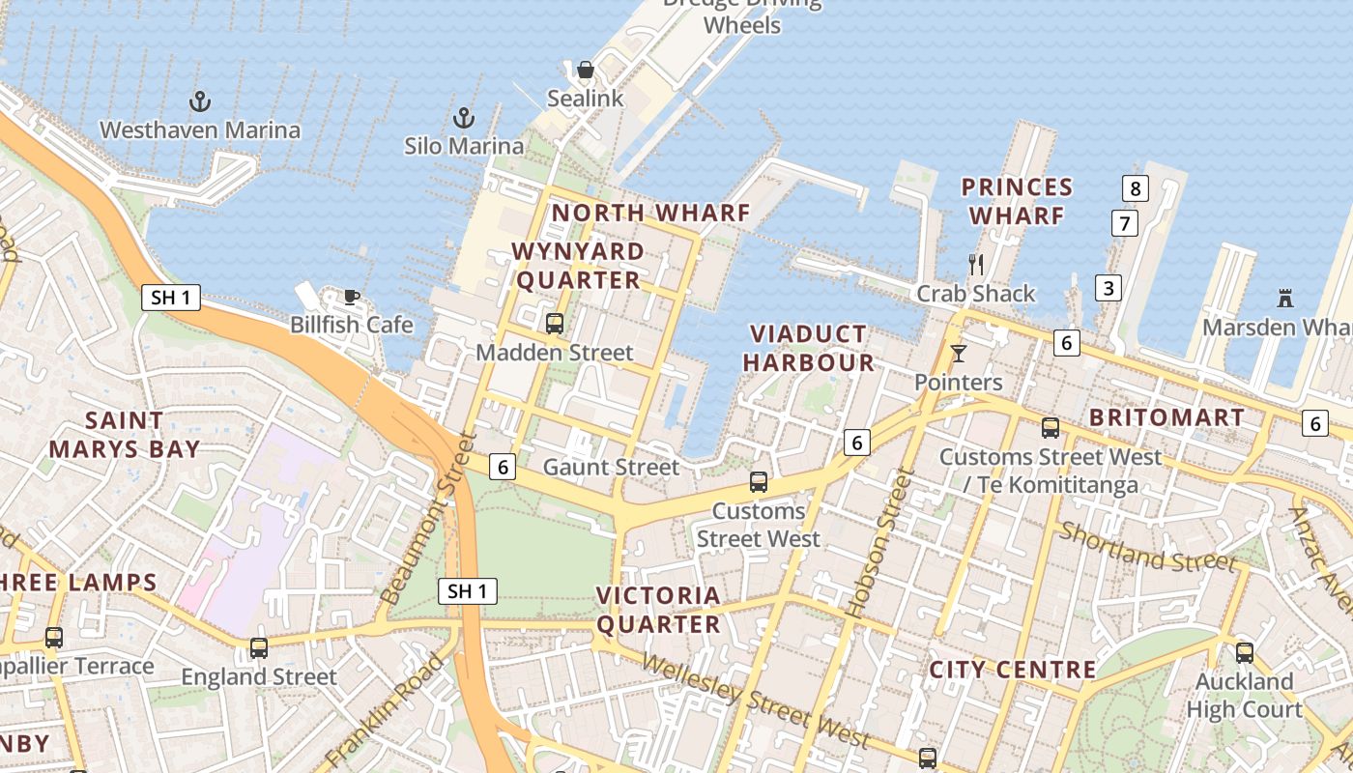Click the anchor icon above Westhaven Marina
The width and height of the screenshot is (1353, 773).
[200, 101]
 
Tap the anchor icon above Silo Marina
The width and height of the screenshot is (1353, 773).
[465, 118]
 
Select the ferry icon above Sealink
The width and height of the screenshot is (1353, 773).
[585, 70]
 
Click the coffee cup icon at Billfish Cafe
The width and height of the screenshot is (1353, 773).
[352, 297]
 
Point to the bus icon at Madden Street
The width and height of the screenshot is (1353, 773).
[555, 324]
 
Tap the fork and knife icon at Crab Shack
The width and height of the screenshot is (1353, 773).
[976, 264]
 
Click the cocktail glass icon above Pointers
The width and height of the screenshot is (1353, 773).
[958, 354]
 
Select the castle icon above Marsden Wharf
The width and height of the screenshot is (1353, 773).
[1285, 298]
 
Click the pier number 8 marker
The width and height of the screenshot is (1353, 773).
[1136, 188]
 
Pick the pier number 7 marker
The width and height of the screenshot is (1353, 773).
[1124, 223]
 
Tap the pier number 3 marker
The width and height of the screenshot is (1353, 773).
[1108, 287]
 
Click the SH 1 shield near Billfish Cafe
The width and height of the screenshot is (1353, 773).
[171, 298]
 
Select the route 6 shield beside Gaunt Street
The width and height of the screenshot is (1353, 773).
[503, 467]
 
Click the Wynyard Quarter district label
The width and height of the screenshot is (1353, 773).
[578, 266]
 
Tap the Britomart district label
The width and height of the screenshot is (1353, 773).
[1166, 418]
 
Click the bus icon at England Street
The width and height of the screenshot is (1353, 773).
[259, 647]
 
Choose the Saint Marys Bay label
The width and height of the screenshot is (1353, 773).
[125, 435]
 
